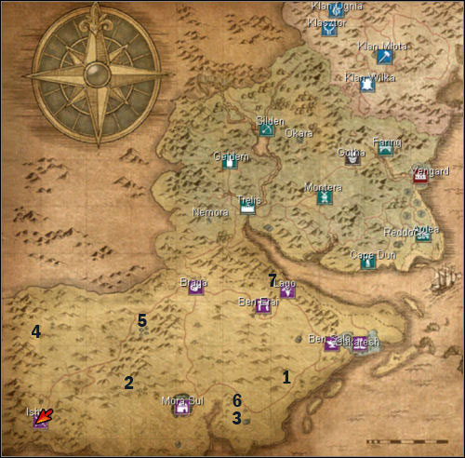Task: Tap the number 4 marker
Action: click(35, 331)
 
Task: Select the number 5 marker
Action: click(142, 320)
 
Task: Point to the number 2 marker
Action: click(128, 382)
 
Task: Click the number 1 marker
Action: click(286, 377)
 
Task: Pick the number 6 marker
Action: click(237, 400)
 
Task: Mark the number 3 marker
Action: click(237, 419)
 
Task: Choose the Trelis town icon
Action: click(248, 208)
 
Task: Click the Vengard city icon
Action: click(420, 176)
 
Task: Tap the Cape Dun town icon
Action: click(367, 263)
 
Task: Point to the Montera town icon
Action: click(322, 197)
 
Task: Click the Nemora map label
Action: click(209, 212)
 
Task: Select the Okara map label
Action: click(299, 133)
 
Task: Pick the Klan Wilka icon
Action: click(368, 85)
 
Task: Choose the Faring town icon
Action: click(385, 149)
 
